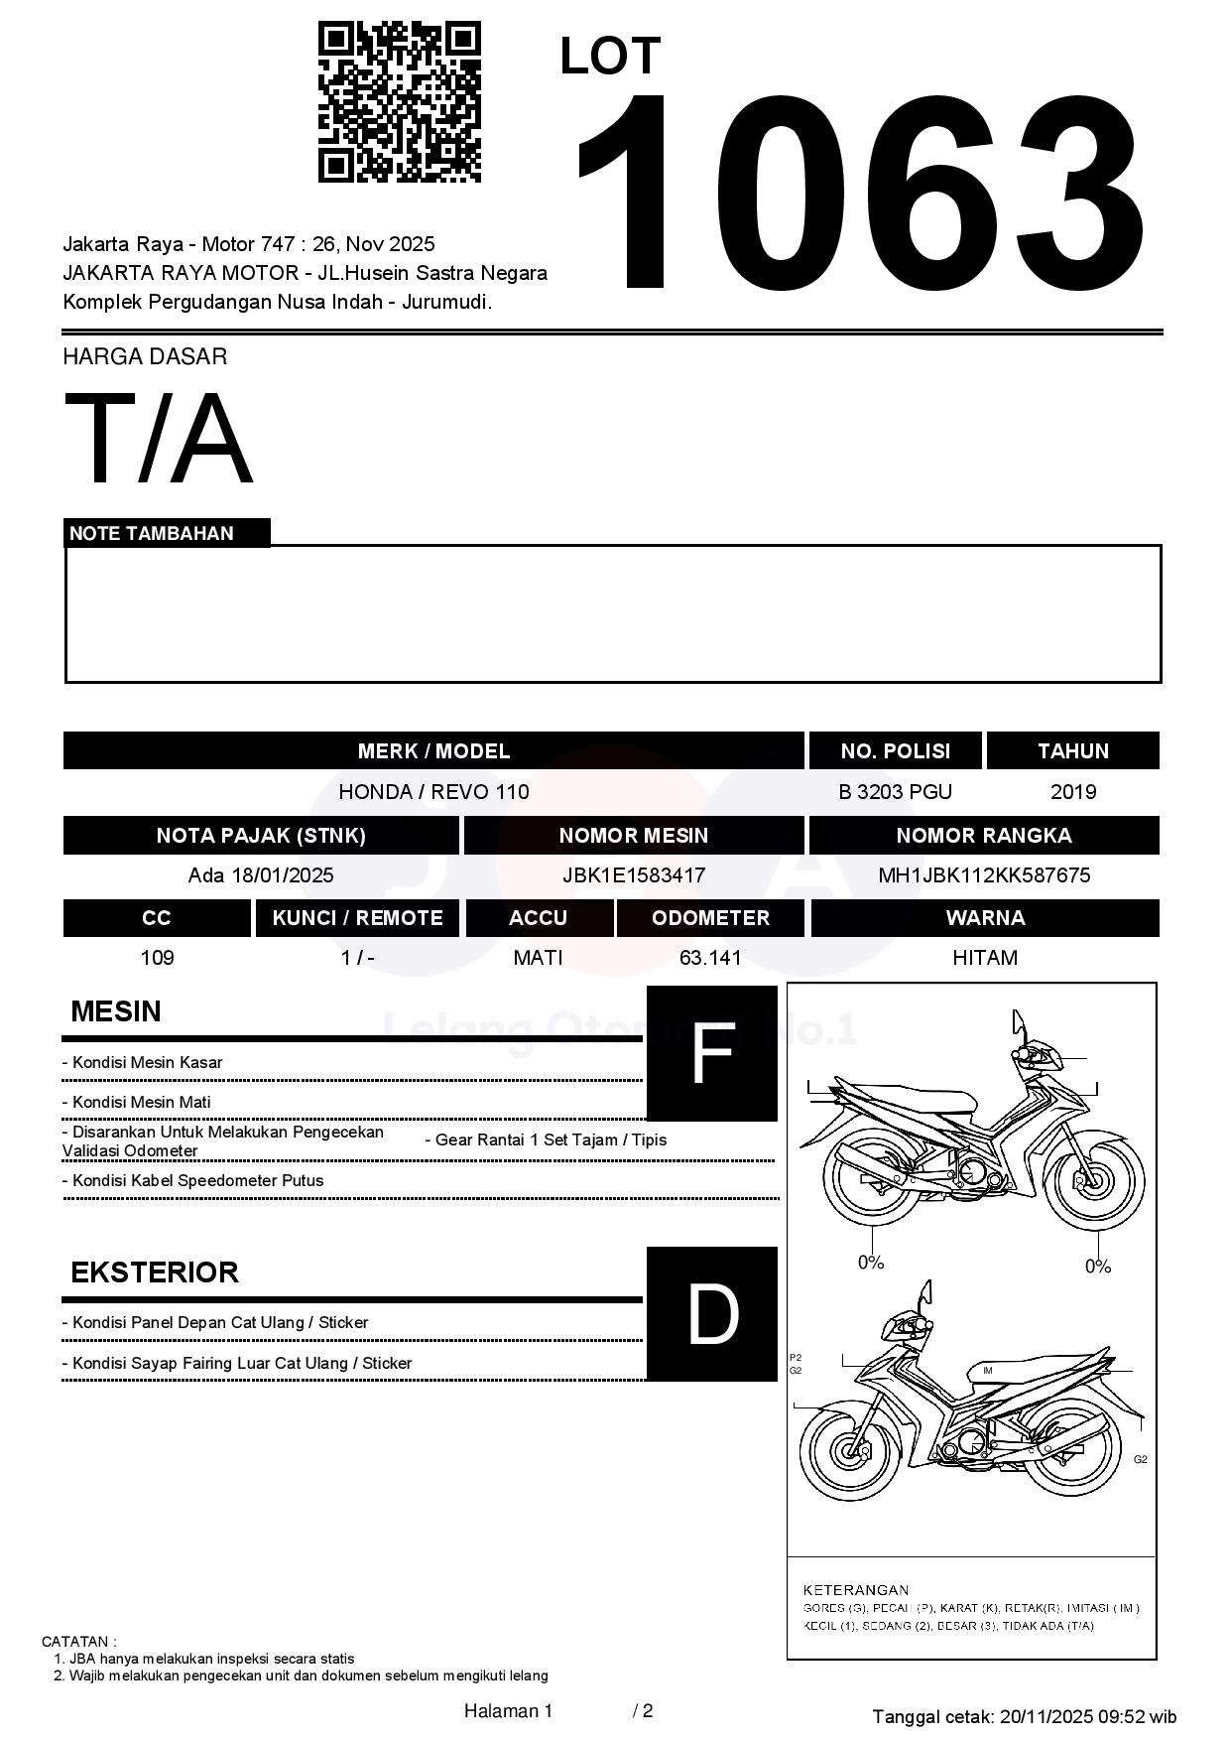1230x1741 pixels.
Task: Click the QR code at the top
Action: (399, 102)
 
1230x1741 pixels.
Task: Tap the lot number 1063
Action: (859, 194)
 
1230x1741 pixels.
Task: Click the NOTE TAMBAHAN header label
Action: (152, 533)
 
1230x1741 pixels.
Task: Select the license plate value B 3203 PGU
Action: (895, 792)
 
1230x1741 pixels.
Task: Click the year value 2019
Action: (1073, 792)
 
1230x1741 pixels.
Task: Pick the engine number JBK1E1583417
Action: (634, 875)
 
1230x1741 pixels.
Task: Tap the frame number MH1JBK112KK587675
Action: (984, 875)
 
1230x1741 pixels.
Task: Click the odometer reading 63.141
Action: (710, 958)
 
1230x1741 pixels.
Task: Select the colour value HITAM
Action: (985, 958)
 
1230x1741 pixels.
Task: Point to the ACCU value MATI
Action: (538, 958)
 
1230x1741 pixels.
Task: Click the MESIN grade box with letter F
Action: (711, 1053)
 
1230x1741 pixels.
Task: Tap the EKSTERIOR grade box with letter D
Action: (711, 1313)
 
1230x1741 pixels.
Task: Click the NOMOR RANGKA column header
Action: (984, 836)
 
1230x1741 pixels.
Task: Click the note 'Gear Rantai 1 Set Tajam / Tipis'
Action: (546, 1139)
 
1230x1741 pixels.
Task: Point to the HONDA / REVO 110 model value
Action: (433, 792)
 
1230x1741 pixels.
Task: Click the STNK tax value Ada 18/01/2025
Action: (261, 875)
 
